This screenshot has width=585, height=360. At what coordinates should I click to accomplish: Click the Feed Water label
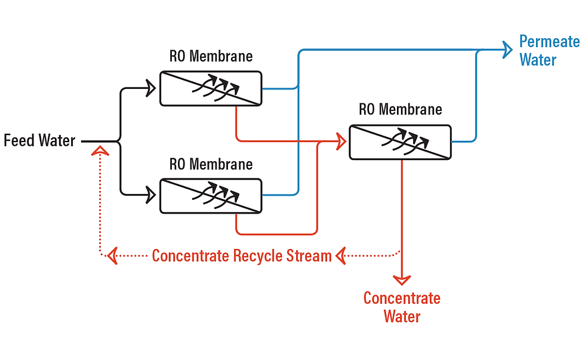point(39,141)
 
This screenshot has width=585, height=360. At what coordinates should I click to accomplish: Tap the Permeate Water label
point(550,51)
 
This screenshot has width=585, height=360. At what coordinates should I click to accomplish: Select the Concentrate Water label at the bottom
point(402,307)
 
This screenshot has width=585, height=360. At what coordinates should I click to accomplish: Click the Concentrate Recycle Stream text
point(242,256)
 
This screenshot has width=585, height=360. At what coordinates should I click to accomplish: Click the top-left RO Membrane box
point(211,88)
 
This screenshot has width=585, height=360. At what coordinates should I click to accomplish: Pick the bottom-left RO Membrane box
point(211,196)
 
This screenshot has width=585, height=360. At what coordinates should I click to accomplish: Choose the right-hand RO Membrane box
point(401,142)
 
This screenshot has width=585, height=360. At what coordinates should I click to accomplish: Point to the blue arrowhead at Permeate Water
point(507,50)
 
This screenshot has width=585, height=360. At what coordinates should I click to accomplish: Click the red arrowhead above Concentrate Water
point(402,280)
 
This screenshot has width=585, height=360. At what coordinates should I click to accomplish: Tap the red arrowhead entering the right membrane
point(341,141)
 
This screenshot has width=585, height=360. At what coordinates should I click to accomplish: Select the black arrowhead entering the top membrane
point(150,88)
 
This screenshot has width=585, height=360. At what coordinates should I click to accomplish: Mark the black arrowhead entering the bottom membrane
point(150,195)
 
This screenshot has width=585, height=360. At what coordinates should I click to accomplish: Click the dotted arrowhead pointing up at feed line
point(100,150)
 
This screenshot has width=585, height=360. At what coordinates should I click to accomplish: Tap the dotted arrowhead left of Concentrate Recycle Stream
point(112,256)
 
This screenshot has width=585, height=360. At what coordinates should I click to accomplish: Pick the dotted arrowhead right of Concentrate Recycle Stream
point(340,256)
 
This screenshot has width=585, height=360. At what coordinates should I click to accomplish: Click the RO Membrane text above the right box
point(401,110)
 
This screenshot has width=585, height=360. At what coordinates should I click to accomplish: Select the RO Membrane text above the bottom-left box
point(211,164)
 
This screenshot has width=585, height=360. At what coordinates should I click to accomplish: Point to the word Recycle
point(257,257)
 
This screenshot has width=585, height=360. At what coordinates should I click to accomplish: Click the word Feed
point(19,141)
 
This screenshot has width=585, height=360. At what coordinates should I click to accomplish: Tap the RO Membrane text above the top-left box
point(211,56)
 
